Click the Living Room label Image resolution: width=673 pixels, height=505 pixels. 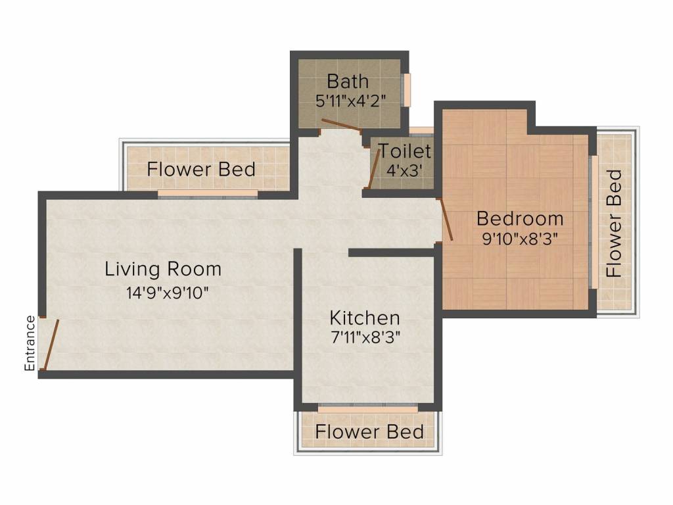tap(163, 269)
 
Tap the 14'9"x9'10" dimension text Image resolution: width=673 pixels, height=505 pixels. tap(168, 293)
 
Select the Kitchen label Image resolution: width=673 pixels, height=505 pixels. tap(365, 318)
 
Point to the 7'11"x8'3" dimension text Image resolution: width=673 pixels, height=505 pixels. tap(365, 337)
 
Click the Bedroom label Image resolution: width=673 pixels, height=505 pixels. tap(520, 218)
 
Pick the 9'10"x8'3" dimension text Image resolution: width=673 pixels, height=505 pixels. tap(520, 238)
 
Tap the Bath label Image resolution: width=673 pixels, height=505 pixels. tap(348, 81)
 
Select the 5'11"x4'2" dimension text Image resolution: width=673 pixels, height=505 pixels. tap(351, 101)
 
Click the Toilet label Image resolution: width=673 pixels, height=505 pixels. tap(405, 151)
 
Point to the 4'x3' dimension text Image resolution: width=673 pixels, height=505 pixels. tap(405, 170)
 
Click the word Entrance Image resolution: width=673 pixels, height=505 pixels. tap(30, 343)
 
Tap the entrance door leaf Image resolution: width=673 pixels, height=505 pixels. tap(51, 344)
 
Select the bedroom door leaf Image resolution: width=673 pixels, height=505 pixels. tap(446, 220)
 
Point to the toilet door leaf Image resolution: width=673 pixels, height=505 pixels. tap(374, 168)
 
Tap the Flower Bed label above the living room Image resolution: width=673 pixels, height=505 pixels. tap(201, 169)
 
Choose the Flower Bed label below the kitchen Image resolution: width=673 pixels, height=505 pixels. tap(369, 431)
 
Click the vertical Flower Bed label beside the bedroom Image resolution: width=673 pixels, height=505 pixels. tap(615, 223)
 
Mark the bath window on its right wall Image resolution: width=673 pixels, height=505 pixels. tap(406, 89)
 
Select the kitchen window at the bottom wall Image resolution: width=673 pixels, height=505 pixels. tap(368, 408)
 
